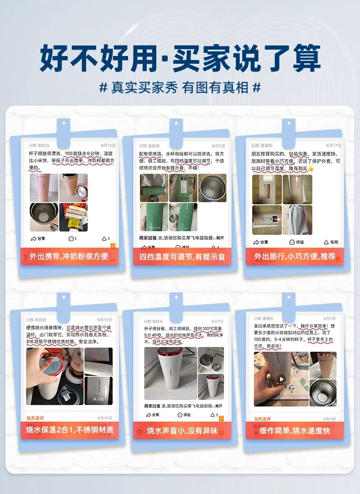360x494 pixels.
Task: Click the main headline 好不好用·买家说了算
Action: [180, 58]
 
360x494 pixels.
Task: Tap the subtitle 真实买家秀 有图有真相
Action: [180, 87]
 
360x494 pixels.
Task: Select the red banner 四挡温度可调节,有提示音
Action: [182, 257]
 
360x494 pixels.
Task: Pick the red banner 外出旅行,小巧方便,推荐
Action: [294, 256]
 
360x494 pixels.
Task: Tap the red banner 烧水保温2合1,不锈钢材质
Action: [69, 430]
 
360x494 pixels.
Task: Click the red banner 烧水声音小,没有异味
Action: [182, 430]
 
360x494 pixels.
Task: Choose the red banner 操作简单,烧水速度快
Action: [294, 430]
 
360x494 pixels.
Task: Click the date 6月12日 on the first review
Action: [108, 145]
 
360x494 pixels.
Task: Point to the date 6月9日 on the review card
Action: [218, 146]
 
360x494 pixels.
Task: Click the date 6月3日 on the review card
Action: [217, 321]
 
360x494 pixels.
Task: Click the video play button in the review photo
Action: [282, 379]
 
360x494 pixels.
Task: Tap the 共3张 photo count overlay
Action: [98, 399]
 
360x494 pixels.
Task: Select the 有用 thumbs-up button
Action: [331, 242]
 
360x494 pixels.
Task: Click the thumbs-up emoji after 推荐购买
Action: [311, 168]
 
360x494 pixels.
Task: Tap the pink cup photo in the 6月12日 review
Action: [44, 188]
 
